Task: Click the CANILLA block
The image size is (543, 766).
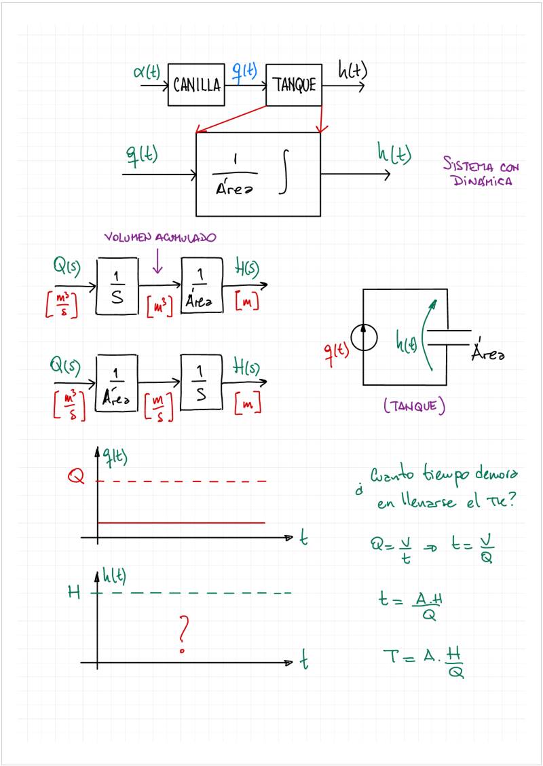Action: click(x=196, y=85)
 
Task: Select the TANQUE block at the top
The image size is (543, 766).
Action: click(x=294, y=85)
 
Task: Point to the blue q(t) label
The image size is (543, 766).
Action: click(x=244, y=70)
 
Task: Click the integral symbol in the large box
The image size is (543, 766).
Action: click(x=286, y=175)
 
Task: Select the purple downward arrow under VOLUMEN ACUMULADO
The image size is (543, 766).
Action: click(x=157, y=261)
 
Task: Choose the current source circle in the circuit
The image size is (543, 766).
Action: click(x=364, y=338)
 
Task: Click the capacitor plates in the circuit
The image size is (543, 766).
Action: click(x=450, y=338)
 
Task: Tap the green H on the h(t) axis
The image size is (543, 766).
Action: click(x=75, y=592)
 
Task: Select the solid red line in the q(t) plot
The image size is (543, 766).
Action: click(x=181, y=523)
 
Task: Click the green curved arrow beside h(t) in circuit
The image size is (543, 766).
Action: click(x=428, y=333)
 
